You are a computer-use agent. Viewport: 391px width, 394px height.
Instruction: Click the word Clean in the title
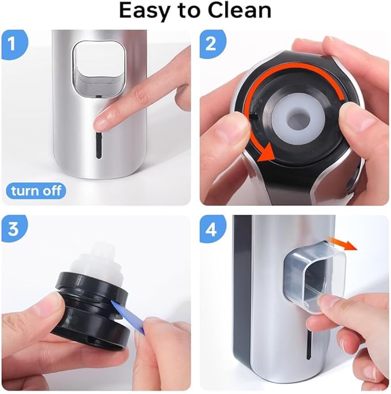click(242, 11)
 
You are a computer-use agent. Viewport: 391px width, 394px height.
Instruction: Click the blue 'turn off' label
click(36, 190)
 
